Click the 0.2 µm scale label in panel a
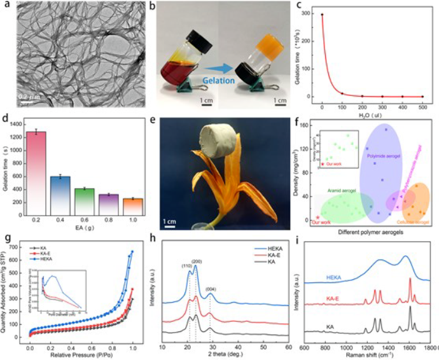[x=27, y=96]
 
